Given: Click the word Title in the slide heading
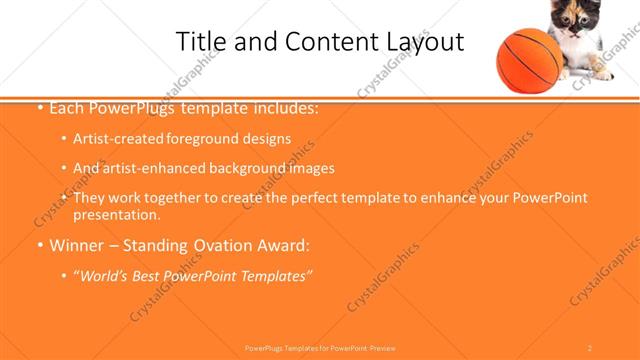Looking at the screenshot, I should click(200, 42).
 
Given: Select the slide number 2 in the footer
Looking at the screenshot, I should click(590, 347).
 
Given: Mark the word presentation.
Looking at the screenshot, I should click(116, 214).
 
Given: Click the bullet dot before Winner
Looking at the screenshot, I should click(38, 245).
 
